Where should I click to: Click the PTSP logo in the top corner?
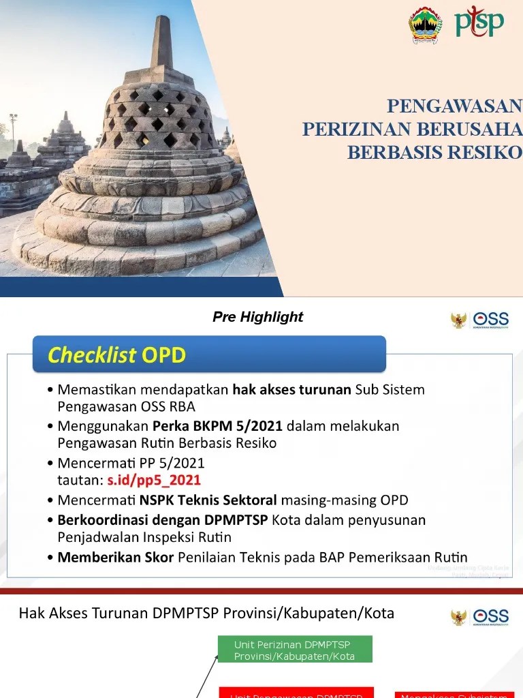click(x=479, y=22)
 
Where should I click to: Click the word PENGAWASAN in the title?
click(x=454, y=106)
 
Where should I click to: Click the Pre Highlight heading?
click(x=257, y=317)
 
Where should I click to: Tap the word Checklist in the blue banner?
click(x=91, y=355)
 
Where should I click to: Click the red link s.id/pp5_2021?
click(x=154, y=480)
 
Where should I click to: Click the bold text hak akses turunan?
click(x=291, y=390)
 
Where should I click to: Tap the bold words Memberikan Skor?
click(x=116, y=557)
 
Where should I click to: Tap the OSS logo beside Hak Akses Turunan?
click(x=480, y=616)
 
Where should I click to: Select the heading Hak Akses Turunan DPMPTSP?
click(x=206, y=613)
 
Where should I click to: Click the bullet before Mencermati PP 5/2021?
click(x=51, y=463)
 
